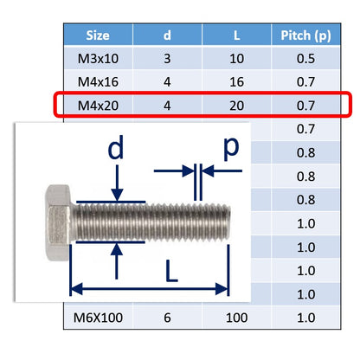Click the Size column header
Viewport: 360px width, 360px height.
[x=98, y=35]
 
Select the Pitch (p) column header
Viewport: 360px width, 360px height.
[x=305, y=35]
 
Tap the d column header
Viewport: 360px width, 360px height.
[x=167, y=35]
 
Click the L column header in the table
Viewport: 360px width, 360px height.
[x=236, y=35]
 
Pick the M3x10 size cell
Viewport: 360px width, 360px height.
[x=98, y=59]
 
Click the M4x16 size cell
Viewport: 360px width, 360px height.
[x=98, y=82]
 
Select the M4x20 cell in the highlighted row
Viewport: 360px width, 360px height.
[x=98, y=106]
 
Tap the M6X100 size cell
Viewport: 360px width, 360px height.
[x=98, y=318]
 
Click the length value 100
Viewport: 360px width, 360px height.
[x=236, y=318]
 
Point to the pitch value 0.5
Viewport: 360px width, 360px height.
[x=305, y=59]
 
